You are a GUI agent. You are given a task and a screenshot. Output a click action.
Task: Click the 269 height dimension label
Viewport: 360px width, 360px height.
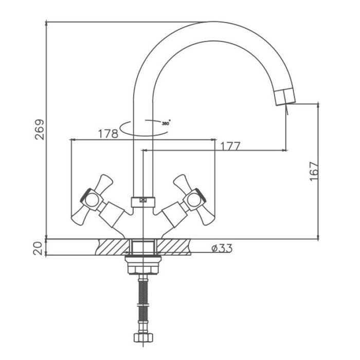39,129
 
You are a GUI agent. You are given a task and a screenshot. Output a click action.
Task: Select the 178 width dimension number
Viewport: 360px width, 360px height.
108,134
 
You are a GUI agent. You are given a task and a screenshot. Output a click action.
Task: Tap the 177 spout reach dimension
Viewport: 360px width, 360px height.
230,146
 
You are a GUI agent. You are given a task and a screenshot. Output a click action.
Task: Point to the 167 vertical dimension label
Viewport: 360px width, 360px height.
314,171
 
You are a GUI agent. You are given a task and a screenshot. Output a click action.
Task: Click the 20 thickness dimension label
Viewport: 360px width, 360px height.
38,248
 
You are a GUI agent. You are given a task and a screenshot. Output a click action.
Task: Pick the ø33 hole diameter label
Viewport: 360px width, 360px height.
222,248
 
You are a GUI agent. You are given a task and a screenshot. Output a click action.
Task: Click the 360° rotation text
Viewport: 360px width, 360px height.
166,123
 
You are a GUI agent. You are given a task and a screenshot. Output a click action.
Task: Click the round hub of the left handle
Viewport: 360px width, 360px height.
92,200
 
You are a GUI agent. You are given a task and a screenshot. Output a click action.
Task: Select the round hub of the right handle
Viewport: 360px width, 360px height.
193,200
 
